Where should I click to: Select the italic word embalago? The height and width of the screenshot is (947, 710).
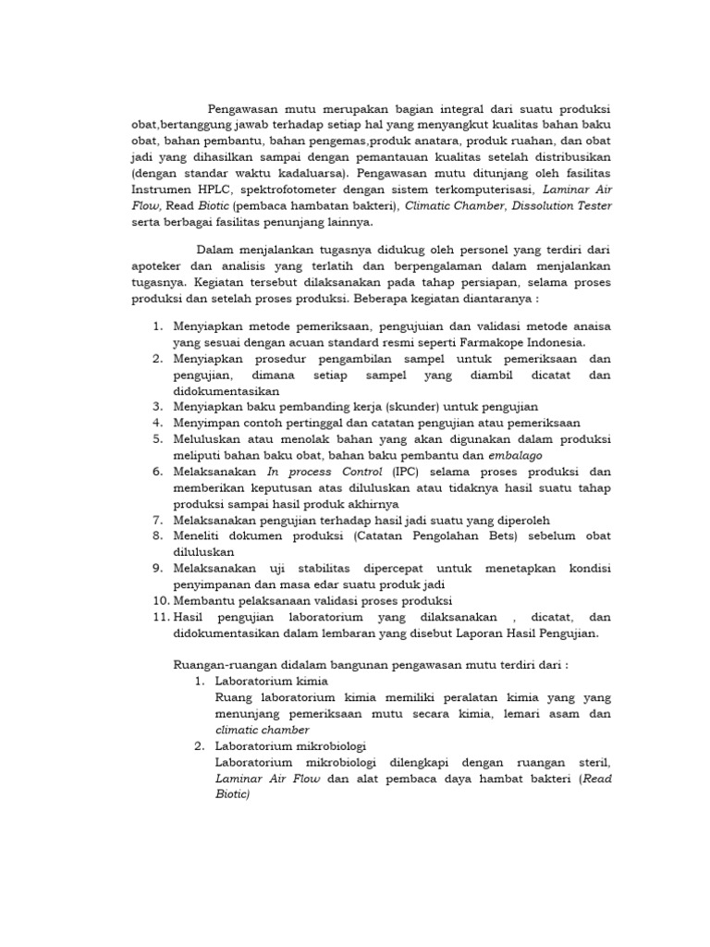(x=517, y=455)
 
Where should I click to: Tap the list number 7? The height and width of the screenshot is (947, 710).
(x=157, y=520)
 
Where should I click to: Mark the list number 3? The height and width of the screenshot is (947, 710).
(x=157, y=407)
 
